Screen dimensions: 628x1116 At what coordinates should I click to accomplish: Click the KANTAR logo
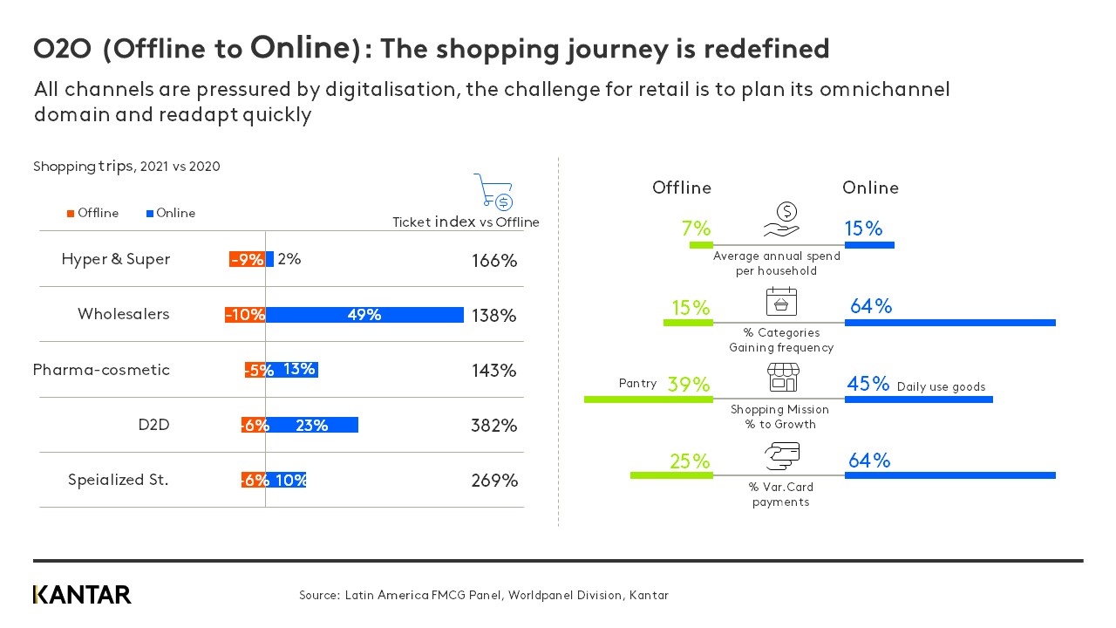tap(82, 595)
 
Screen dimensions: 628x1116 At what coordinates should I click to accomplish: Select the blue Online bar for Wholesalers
tap(364, 315)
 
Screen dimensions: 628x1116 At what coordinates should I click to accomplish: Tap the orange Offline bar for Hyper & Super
tap(247, 259)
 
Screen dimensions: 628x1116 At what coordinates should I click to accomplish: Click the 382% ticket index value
tap(494, 426)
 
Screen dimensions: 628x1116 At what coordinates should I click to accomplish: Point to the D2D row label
tap(153, 425)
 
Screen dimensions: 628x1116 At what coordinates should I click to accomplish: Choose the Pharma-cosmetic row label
tap(101, 370)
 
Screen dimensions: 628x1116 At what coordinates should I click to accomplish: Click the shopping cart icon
tap(493, 192)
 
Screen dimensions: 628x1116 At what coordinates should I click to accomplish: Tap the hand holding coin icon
tap(781, 221)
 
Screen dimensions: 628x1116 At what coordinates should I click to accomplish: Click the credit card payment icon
tap(781, 455)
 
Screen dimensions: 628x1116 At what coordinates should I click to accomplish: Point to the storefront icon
tap(782, 378)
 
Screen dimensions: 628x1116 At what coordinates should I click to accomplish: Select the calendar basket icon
tap(781, 301)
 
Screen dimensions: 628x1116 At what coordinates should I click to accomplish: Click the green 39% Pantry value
tap(689, 385)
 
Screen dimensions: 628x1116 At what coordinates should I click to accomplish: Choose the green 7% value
tap(696, 229)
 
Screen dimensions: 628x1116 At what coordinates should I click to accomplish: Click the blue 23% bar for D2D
tap(312, 425)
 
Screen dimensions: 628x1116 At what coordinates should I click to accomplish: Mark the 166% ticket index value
tap(494, 260)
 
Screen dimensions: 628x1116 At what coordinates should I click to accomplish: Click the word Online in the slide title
tap(300, 48)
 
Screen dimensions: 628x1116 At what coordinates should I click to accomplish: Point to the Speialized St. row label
tap(119, 480)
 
